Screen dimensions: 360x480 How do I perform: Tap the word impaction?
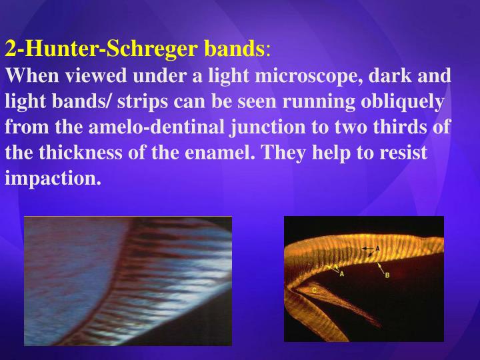[53, 178]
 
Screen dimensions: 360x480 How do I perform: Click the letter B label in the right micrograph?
[387, 275]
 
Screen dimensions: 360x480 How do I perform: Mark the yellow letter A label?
[342, 274]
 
